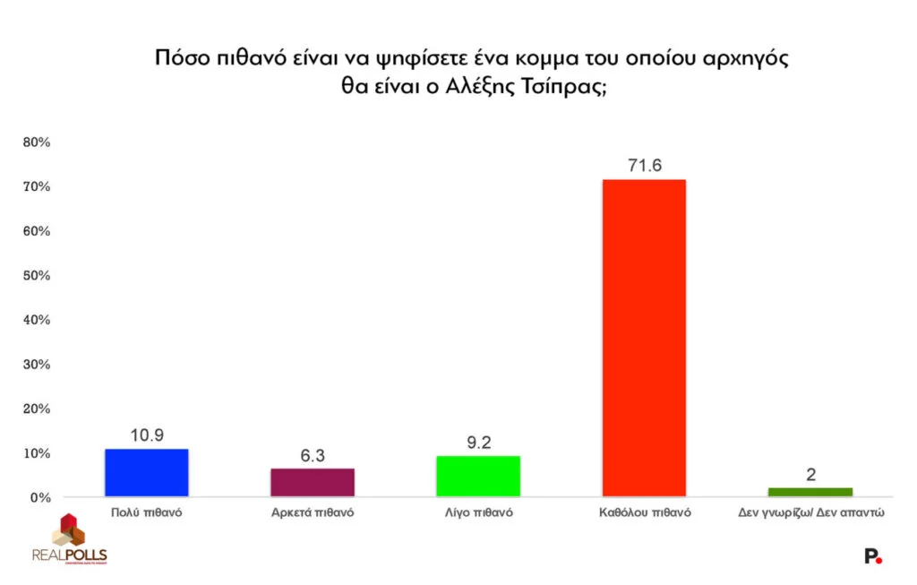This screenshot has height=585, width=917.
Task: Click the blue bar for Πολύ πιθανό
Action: [x=147, y=472]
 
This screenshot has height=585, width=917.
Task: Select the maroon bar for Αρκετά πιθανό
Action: [x=313, y=482]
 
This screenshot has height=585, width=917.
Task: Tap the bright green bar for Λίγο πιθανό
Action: [x=478, y=476]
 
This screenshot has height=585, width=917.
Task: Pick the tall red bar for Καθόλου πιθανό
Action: [x=643, y=338]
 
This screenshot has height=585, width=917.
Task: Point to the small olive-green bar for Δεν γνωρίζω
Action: [x=810, y=492]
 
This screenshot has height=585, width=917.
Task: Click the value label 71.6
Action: [x=644, y=166]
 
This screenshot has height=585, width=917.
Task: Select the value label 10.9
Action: [x=147, y=434]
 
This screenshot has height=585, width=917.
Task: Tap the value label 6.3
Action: [x=313, y=455]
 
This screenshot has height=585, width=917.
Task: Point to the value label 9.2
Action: [x=478, y=442]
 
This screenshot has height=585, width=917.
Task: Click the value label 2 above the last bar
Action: [x=810, y=475]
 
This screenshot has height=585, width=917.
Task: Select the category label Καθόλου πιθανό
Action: [x=644, y=515]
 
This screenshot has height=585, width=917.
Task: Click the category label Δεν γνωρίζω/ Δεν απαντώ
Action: [x=810, y=515]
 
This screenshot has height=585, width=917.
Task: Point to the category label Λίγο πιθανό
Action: [x=478, y=515]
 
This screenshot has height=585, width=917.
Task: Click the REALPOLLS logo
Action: [x=69, y=540]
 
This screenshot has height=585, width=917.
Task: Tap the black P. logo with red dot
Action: [x=872, y=556]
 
